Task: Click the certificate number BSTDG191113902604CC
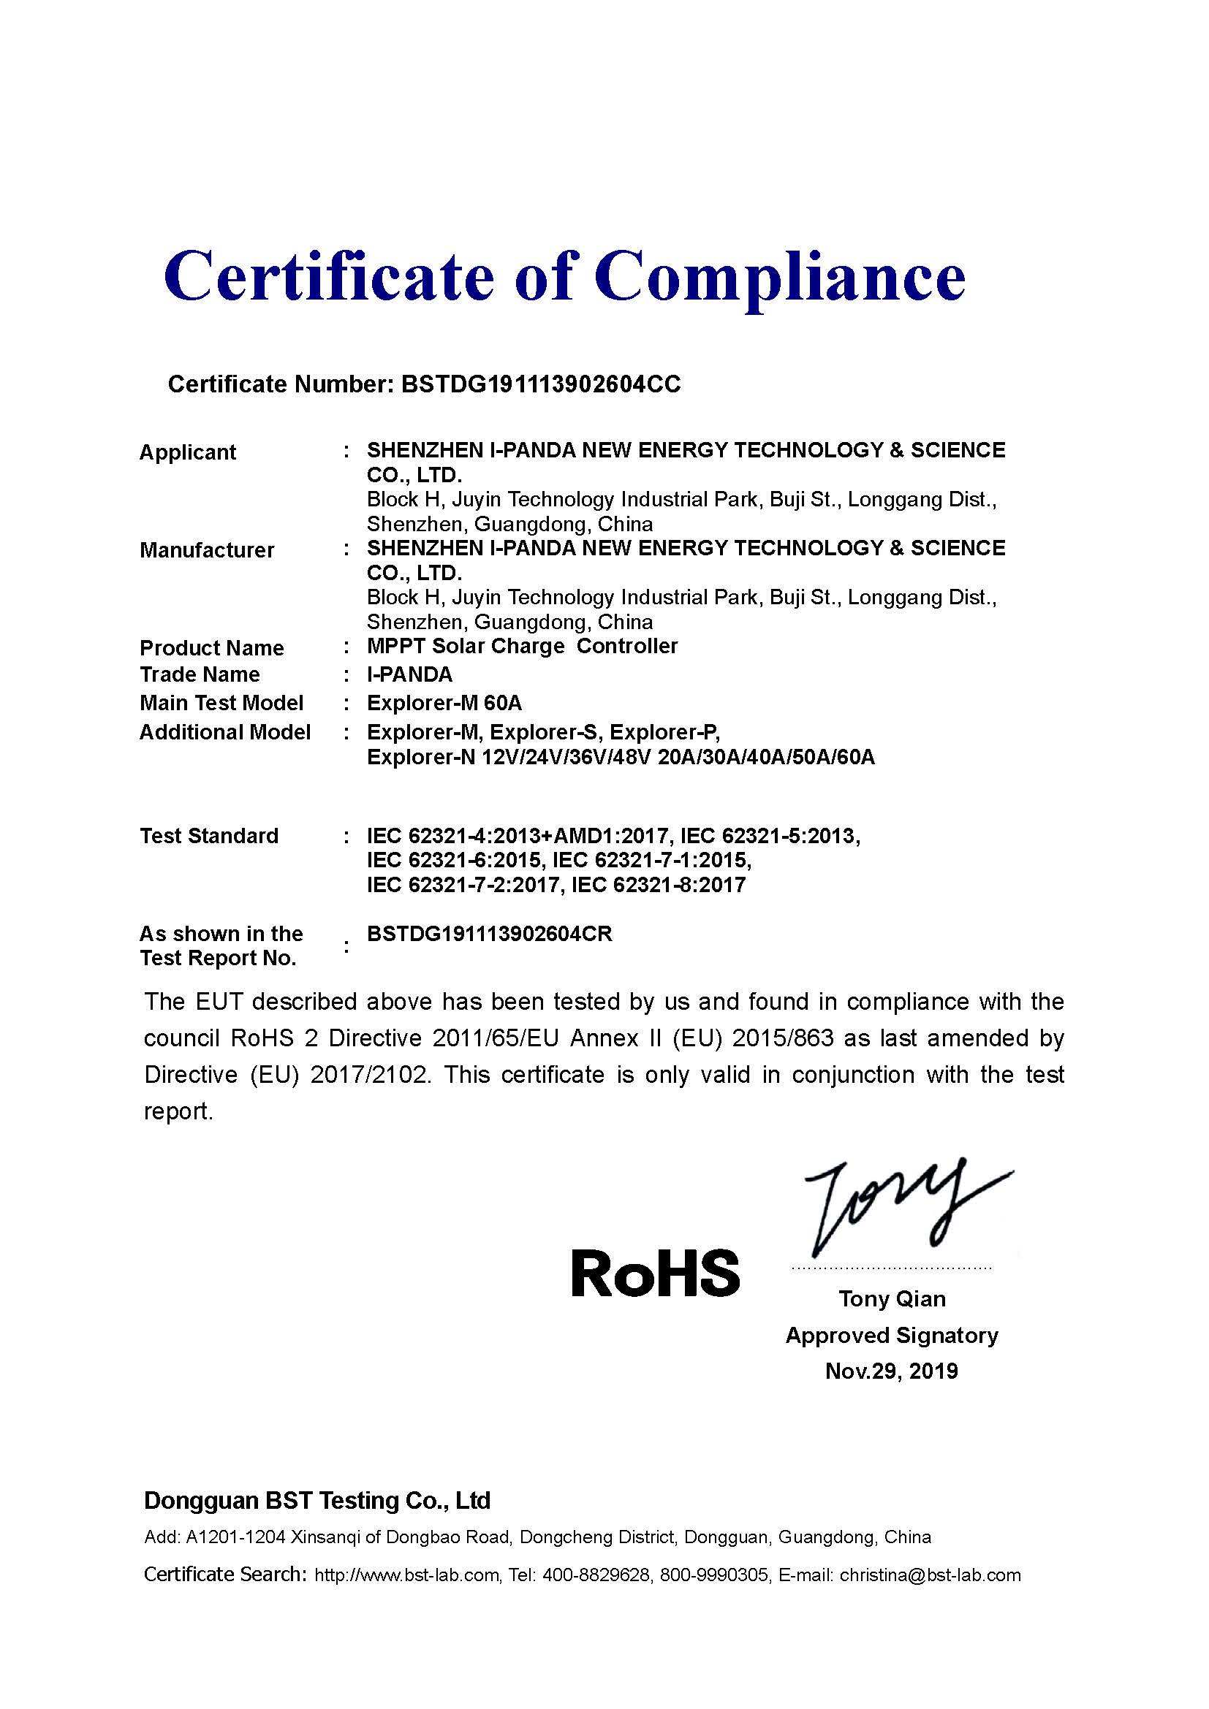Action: (x=540, y=384)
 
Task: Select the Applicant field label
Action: (x=188, y=452)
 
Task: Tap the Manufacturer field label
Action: (x=207, y=550)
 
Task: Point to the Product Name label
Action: (x=211, y=647)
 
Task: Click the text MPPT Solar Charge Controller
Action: (x=522, y=646)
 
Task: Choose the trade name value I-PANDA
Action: (x=409, y=674)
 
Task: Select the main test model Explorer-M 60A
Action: (x=444, y=703)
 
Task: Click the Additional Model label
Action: (x=225, y=732)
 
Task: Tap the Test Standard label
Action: (x=209, y=836)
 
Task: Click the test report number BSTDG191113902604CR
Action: (x=489, y=935)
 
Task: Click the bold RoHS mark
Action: (x=655, y=1273)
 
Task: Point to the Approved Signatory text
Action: (x=891, y=1336)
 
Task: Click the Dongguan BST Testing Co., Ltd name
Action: (x=317, y=1501)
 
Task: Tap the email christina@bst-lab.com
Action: (x=930, y=1575)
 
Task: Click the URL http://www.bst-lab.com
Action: (x=407, y=1575)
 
